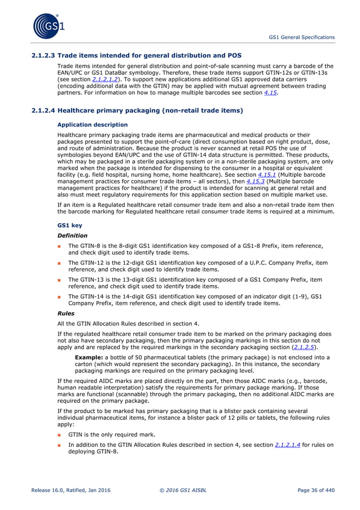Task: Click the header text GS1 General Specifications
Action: [x=301, y=37]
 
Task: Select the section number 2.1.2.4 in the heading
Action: [x=42, y=111]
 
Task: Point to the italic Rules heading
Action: [x=66, y=312]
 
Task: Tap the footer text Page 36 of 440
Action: [x=313, y=490]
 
